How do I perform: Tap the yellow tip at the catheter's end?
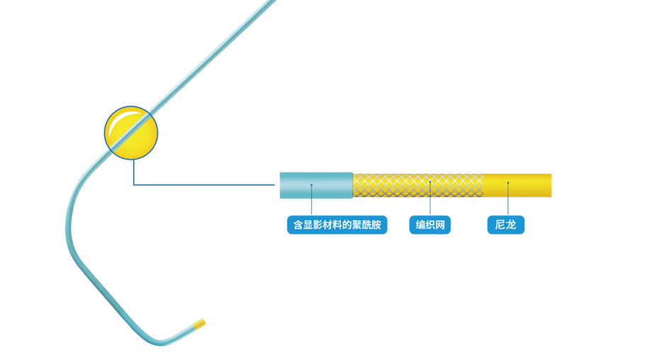coord(200,325)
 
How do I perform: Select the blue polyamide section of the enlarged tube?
coord(315,185)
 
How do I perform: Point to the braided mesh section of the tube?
coord(417,186)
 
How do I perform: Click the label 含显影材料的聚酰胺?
coord(337,225)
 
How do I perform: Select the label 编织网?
coord(430,225)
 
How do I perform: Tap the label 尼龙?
coord(506,225)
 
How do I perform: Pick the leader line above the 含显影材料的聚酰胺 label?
coord(312,201)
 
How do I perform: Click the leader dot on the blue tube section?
coord(312,185)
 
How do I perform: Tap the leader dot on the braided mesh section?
coord(430,182)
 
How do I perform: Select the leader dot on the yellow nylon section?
coord(508,183)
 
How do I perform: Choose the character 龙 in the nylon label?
coord(511,225)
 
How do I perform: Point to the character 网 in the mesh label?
coord(441,225)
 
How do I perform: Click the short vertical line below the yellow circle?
coord(133,172)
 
